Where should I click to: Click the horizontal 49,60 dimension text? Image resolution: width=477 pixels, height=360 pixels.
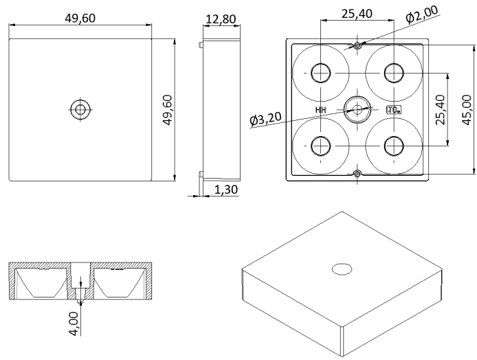click(x=80, y=18)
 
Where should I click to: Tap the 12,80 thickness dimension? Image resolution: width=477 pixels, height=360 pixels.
click(x=220, y=19)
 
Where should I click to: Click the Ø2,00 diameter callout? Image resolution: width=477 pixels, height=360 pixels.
click(x=421, y=13)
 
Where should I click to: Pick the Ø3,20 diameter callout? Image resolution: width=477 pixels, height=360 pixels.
click(x=269, y=120)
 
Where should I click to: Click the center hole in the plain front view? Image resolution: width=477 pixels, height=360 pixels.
click(x=80, y=109)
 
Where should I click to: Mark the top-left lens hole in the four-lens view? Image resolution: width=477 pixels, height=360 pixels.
click(x=320, y=72)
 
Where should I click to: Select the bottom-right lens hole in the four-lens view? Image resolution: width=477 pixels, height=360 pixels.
click(x=393, y=145)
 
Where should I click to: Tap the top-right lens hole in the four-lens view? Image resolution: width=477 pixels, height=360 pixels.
click(x=393, y=72)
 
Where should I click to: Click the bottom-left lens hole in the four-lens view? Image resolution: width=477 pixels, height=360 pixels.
click(x=320, y=145)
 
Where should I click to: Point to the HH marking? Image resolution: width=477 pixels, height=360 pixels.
click(x=321, y=109)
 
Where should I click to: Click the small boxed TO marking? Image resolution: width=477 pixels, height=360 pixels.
click(x=393, y=109)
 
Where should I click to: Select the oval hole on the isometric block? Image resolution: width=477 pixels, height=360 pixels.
click(x=341, y=268)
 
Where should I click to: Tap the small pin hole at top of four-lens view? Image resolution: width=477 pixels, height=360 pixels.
click(x=357, y=45)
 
